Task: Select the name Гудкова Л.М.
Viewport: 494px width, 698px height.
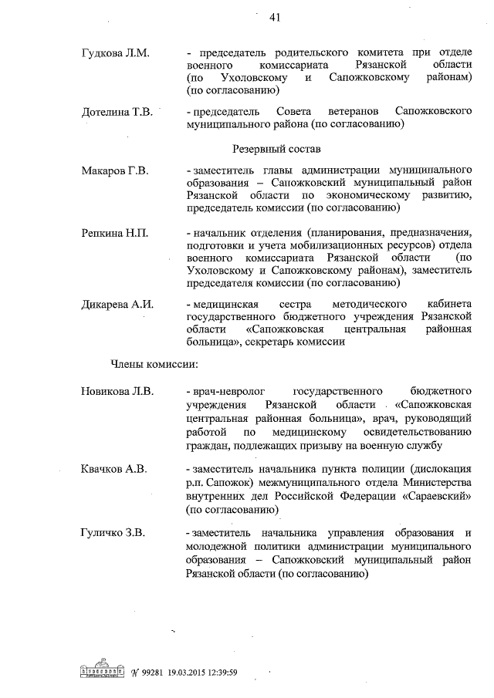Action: [116, 52]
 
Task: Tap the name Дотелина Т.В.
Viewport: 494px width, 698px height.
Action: [117, 112]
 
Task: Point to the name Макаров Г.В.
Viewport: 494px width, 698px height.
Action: [115, 170]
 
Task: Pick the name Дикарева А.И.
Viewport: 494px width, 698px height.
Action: [118, 305]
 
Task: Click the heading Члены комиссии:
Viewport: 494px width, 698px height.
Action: [154, 362]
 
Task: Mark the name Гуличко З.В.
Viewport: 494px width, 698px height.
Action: [114, 533]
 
